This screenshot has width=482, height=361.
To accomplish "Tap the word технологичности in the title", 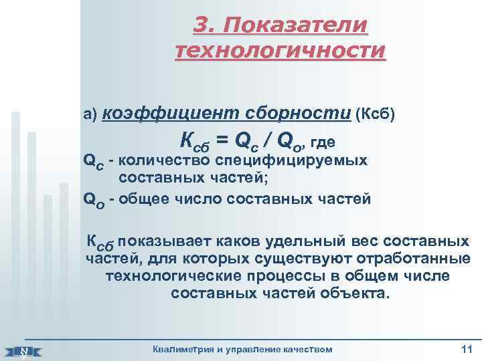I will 280,50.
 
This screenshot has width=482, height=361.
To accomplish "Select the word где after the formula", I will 322,142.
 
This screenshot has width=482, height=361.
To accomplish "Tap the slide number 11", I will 467,348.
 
